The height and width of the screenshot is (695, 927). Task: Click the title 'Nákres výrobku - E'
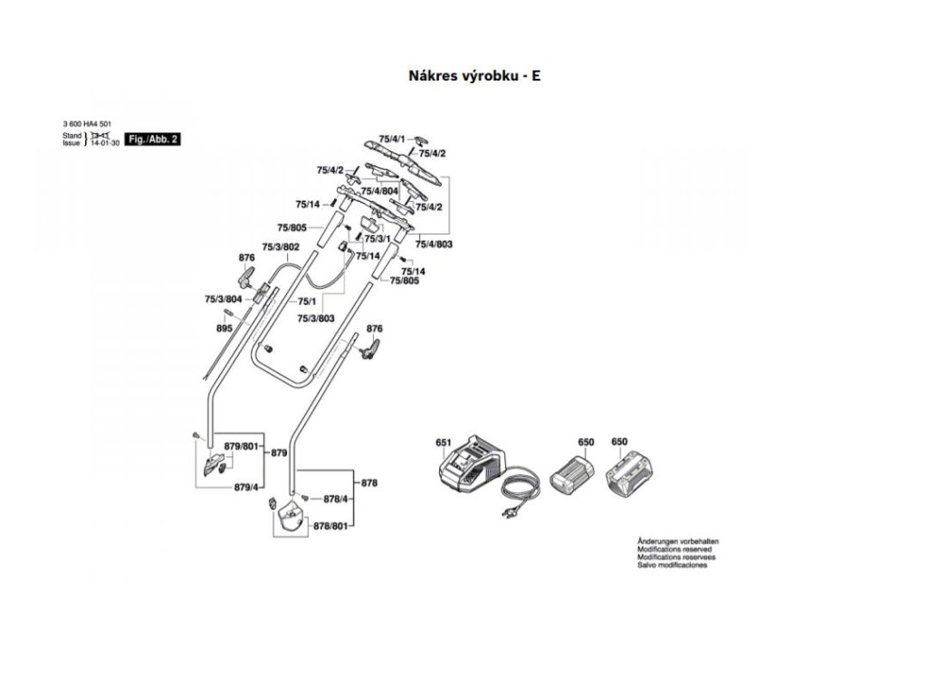pos(474,76)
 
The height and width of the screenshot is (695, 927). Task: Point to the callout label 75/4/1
pos(392,138)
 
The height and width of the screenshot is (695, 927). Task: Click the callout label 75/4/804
pos(379,191)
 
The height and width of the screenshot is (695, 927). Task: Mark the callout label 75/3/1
pos(377,239)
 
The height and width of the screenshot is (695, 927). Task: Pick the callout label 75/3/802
pos(281,247)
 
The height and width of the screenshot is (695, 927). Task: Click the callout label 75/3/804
pos(223,299)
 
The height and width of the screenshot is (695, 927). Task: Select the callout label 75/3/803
pos(316,318)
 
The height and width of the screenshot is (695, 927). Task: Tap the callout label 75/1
pos(306,300)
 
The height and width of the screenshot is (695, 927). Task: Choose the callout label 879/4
pos(246,487)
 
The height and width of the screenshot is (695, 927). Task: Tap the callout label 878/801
pos(330,526)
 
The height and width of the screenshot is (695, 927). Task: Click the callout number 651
pos(443,443)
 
